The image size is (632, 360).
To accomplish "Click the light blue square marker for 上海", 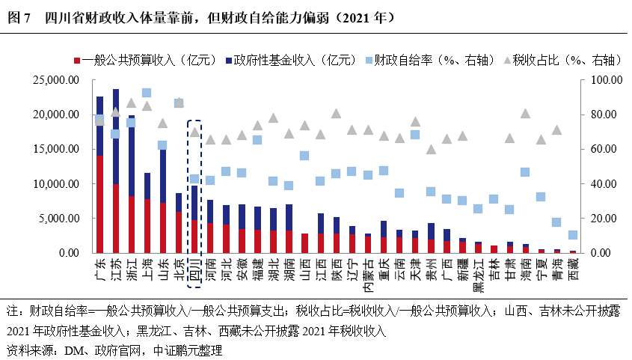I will (147, 93).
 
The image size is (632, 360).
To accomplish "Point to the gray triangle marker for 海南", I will (525, 114).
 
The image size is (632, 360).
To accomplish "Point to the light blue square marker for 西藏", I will (572, 235).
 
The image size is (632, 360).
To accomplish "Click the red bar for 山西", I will (304, 243).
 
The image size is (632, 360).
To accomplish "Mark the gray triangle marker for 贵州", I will (431, 149).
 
